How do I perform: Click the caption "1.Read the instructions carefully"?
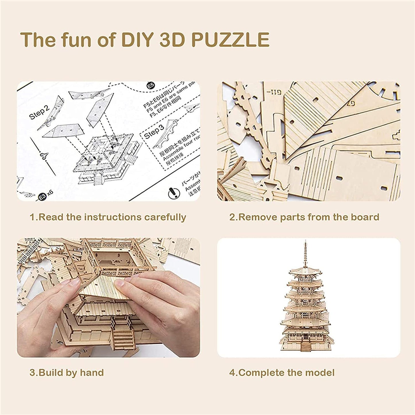point(108,217)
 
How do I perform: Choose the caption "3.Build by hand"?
point(67,373)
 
